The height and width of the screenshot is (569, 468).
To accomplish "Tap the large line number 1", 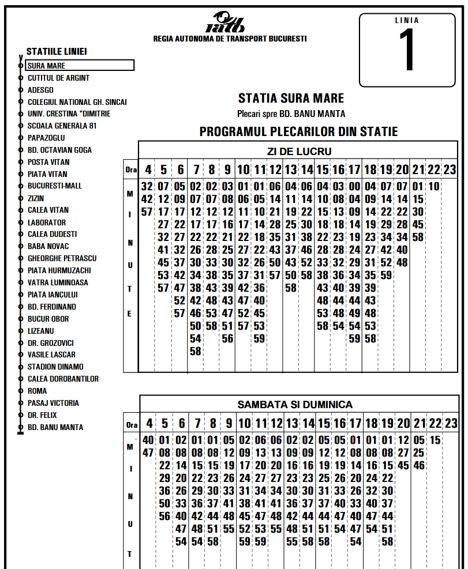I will (x=407, y=51).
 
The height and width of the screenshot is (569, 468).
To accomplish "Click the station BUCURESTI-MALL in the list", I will (x=55, y=186).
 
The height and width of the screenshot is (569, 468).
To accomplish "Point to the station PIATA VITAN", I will (x=47, y=174).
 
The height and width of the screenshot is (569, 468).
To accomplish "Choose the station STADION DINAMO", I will (x=55, y=367).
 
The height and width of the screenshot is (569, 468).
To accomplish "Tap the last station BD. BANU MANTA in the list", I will (x=55, y=427).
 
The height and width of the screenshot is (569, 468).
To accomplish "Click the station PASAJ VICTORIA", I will (x=53, y=403).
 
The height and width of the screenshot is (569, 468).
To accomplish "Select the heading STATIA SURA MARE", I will (x=291, y=99).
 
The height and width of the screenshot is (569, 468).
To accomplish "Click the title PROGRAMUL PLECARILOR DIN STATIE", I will (x=298, y=132).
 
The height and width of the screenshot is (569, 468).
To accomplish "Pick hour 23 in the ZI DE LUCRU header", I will (x=450, y=170).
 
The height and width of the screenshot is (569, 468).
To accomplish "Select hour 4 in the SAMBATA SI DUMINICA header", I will (x=149, y=424).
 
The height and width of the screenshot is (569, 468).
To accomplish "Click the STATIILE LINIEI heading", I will (x=57, y=52).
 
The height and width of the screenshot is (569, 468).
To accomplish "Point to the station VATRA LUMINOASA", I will (x=58, y=282).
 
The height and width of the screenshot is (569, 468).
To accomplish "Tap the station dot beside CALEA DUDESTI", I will (x=21, y=235).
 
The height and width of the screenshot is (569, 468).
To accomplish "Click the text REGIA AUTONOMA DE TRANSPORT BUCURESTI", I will (x=230, y=39).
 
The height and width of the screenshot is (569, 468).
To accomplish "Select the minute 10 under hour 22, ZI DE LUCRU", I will (x=434, y=186).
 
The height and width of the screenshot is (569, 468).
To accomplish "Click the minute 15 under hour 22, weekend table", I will (x=435, y=440).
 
